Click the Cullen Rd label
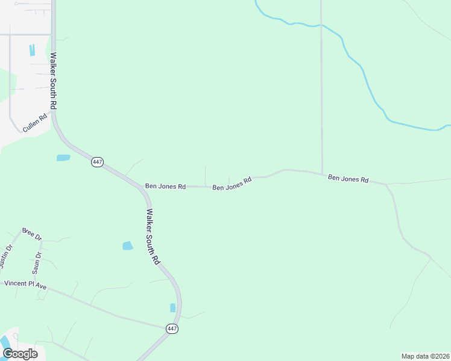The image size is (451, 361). (x=34, y=125)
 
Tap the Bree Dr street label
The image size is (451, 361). (x=31, y=233)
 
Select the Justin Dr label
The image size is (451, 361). (x=6, y=258)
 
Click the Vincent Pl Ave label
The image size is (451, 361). (x=25, y=284)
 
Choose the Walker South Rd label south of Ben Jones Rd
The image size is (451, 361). (x=153, y=236)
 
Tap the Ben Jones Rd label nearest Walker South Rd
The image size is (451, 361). (x=165, y=187)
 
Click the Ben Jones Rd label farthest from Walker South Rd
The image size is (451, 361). (x=348, y=179)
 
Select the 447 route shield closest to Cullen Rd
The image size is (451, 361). (x=97, y=162)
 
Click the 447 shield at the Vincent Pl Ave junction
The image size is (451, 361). (x=172, y=329)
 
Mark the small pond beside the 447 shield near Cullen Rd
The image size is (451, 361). (x=63, y=158)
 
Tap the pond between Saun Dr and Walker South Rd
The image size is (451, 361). (x=127, y=245)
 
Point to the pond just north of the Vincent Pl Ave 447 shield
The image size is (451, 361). (x=173, y=308)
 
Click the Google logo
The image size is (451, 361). (x=20, y=354)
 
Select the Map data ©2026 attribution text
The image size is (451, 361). (x=425, y=356)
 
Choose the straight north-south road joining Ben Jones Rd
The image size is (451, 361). (x=321, y=90)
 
